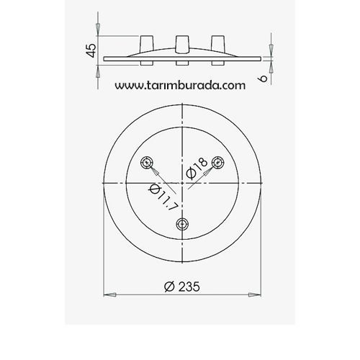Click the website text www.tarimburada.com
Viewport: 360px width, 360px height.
180,84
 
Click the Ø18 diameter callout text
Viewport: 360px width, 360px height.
197,171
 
